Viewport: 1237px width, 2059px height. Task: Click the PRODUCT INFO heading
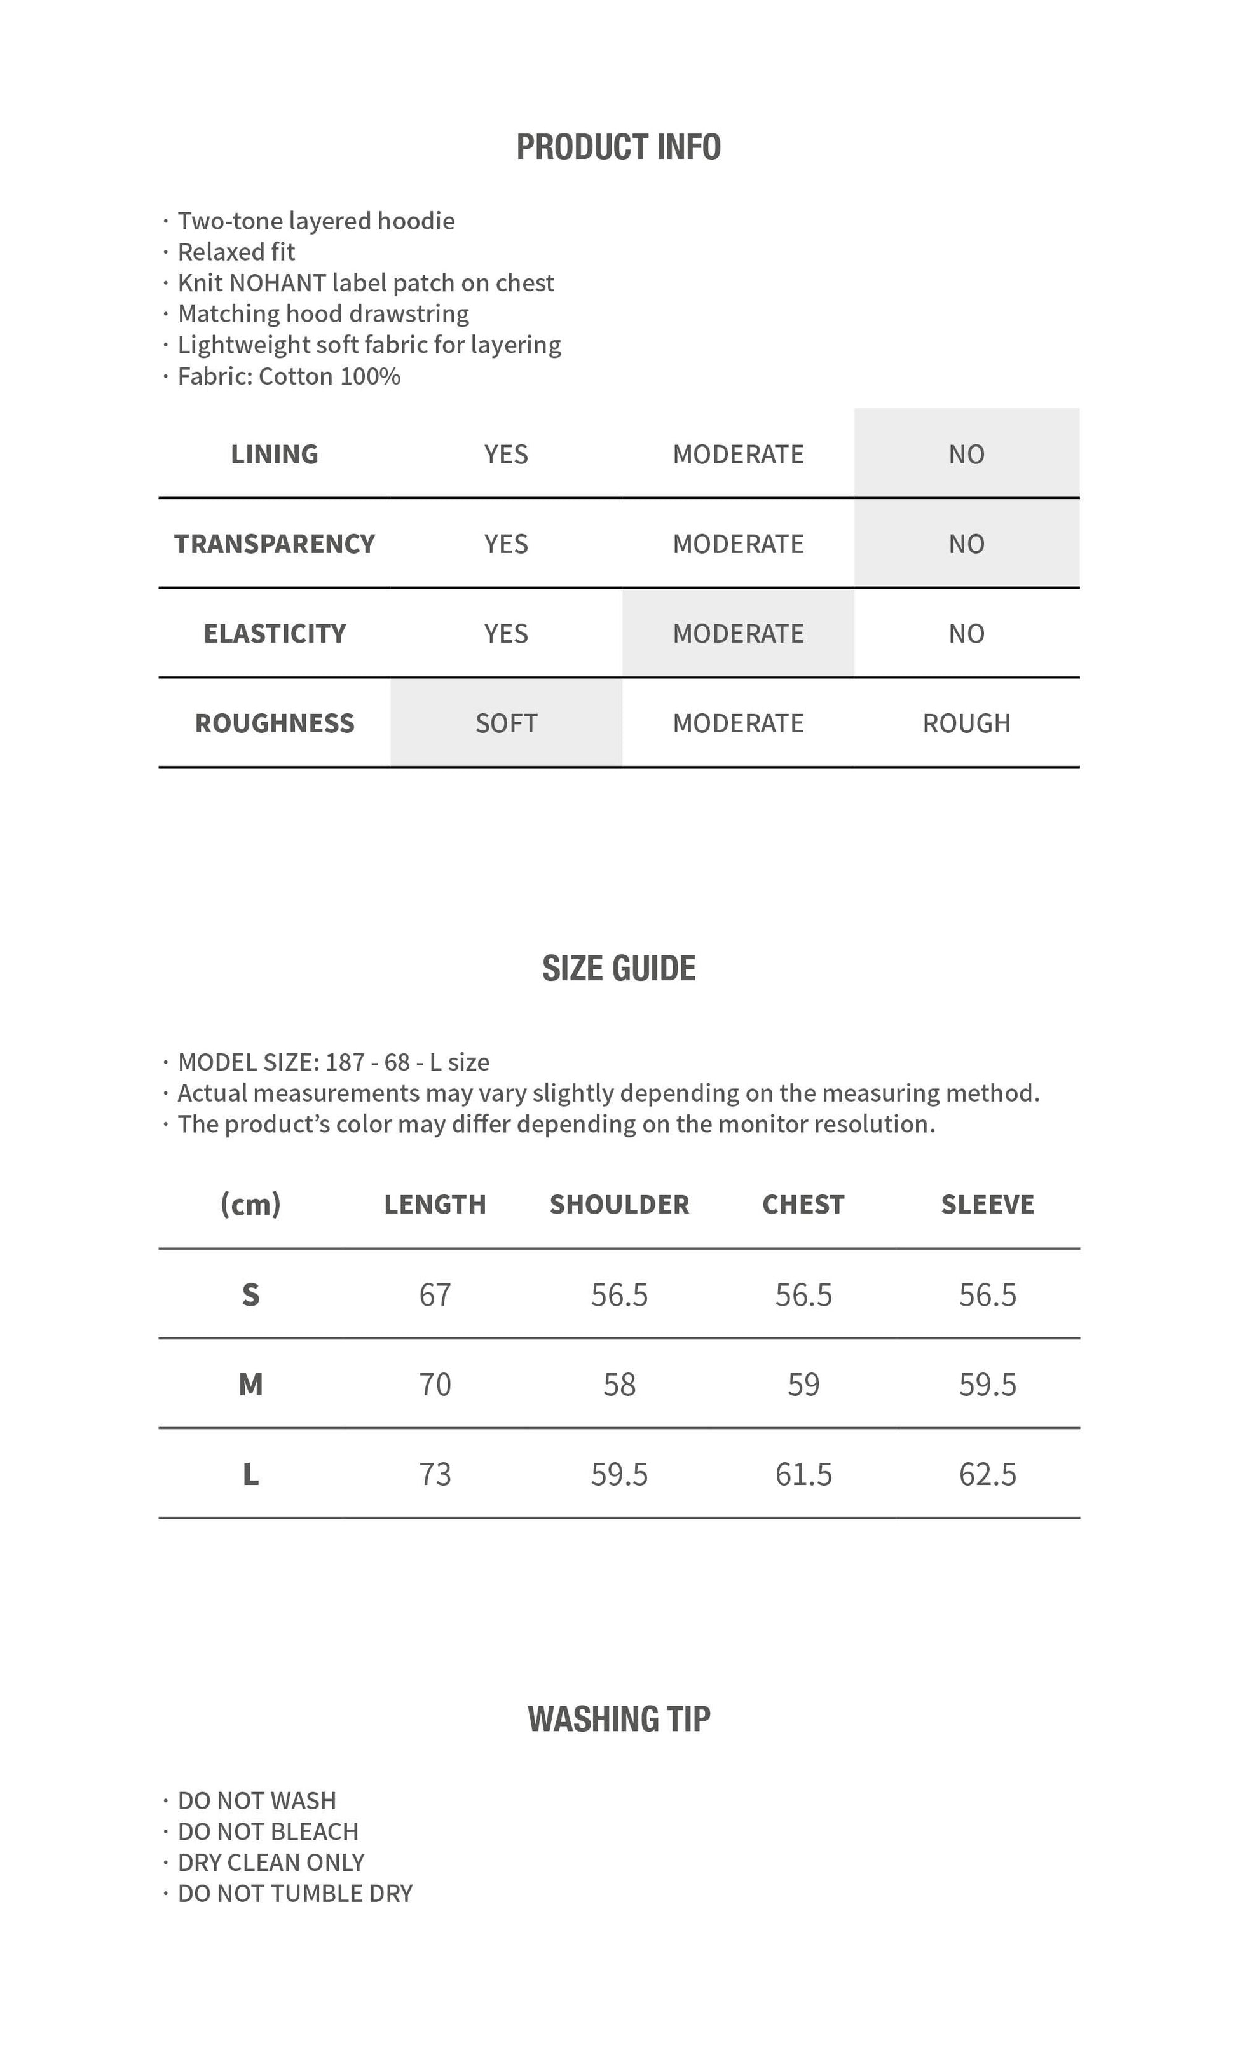tap(618, 147)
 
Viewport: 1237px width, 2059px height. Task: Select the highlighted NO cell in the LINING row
tap(966, 455)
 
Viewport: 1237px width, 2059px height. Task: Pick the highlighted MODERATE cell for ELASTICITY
tap(738, 634)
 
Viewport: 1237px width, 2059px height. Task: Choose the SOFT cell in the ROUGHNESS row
tap(506, 723)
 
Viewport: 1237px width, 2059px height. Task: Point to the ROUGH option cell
tap(966, 723)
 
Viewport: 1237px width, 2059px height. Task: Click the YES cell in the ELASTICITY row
tap(506, 634)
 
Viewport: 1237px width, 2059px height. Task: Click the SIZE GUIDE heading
tap(618, 969)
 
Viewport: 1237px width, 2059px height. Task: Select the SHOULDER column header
tap(619, 1205)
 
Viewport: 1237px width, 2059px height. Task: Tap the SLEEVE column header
tap(987, 1205)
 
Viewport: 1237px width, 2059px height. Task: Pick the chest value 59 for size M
tap(803, 1385)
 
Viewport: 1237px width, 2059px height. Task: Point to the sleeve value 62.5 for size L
tap(987, 1475)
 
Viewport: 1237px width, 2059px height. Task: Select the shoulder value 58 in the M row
tap(619, 1385)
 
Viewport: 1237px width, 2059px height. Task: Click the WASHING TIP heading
tap(618, 1720)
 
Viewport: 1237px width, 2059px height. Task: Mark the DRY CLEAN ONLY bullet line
tap(271, 1863)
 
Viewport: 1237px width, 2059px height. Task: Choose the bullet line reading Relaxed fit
tap(236, 252)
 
